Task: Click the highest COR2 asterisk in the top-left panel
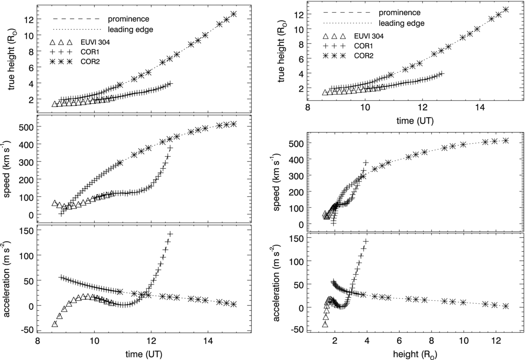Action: (x=234, y=14)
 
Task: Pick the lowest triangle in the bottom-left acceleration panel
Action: (x=55, y=324)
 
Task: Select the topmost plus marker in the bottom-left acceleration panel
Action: (x=170, y=235)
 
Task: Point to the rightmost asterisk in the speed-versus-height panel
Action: (x=506, y=141)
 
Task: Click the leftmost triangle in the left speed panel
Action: (x=55, y=203)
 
